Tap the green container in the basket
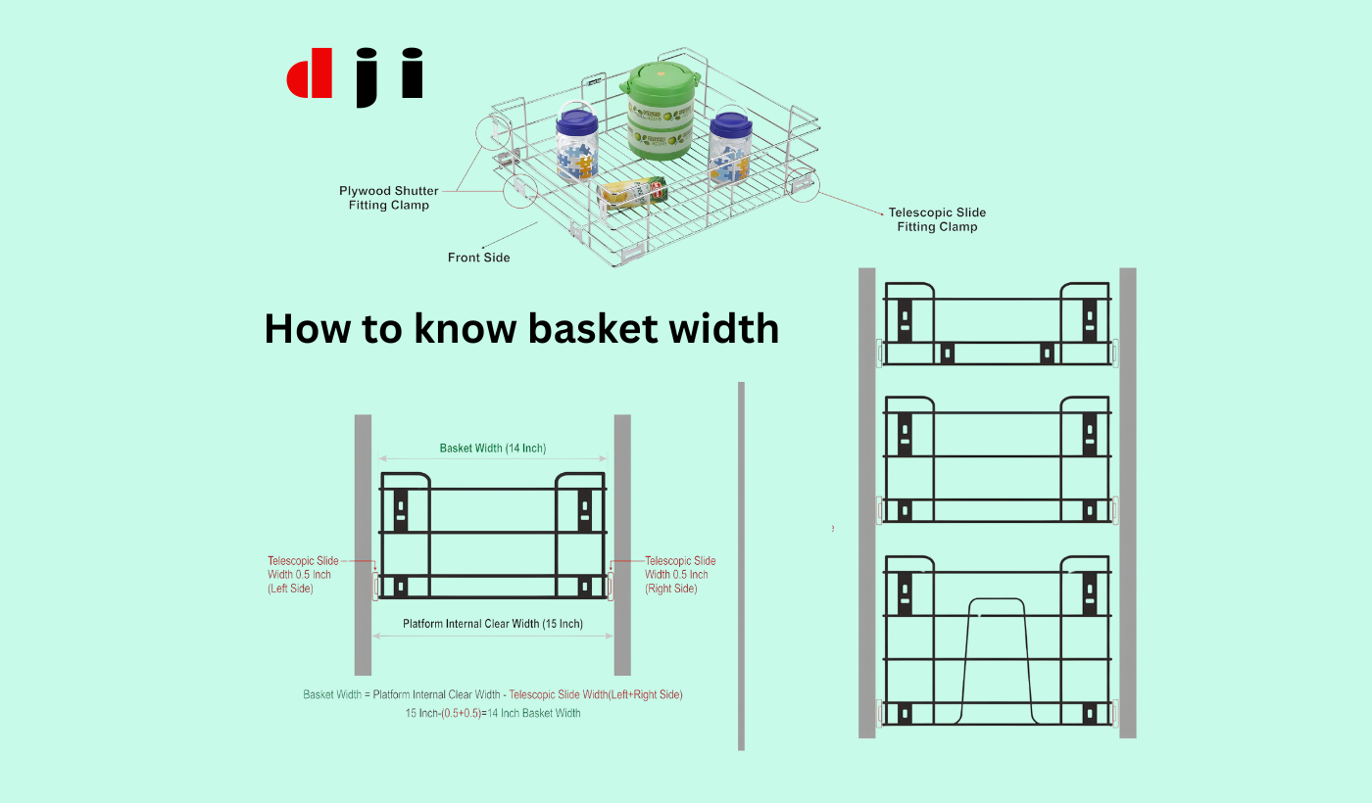click(x=662, y=109)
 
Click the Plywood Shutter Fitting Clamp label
click(x=389, y=198)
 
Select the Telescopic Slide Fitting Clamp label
click(x=937, y=219)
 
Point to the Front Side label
click(x=478, y=258)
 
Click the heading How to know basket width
click(x=521, y=328)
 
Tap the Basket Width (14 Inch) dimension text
click(x=493, y=449)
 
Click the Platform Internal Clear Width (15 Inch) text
click(x=493, y=624)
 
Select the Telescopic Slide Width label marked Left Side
click(x=305, y=575)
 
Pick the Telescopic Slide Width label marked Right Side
click(x=680, y=575)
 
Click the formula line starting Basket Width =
click(x=493, y=694)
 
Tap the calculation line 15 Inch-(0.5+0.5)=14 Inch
click(x=493, y=713)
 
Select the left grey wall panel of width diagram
click(x=363, y=544)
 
